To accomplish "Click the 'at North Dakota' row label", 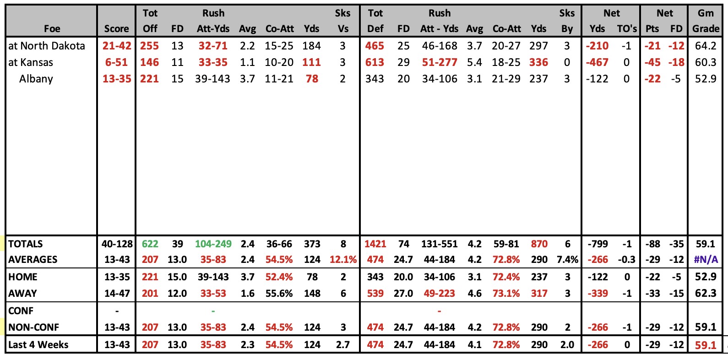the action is point(47,46).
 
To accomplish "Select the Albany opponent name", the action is point(36,79).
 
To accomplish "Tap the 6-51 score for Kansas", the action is point(116,62).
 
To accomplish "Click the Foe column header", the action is point(52,28).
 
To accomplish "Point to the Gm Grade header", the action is point(706,21).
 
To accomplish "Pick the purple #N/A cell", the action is point(706,260).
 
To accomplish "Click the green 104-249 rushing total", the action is point(213,244).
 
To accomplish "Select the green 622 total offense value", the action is point(150,244).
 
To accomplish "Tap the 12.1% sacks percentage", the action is point(343,260).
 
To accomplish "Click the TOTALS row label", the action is point(25,244).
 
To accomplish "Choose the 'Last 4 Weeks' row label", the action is point(38,345).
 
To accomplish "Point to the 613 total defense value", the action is point(375,62).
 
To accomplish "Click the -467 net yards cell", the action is point(597,62).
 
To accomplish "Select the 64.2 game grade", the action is point(706,46).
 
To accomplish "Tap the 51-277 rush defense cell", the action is point(440,62).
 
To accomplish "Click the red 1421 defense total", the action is point(375,244).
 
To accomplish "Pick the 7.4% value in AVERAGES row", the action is point(567,260).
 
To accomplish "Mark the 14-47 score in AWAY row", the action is point(117,293).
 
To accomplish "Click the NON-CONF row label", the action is point(33,327).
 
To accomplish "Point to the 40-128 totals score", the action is point(117,244).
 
